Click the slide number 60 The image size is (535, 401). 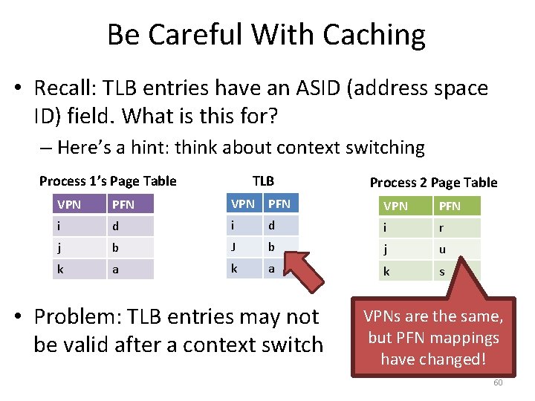click(498, 382)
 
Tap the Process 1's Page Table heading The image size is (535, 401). click(108, 181)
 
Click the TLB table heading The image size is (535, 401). click(263, 181)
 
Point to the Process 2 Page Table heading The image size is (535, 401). click(434, 183)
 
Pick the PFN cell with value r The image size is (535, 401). click(456, 228)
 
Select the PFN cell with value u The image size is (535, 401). click(456, 250)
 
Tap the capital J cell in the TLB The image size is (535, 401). click(244, 247)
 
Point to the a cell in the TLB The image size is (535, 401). click(281, 268)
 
